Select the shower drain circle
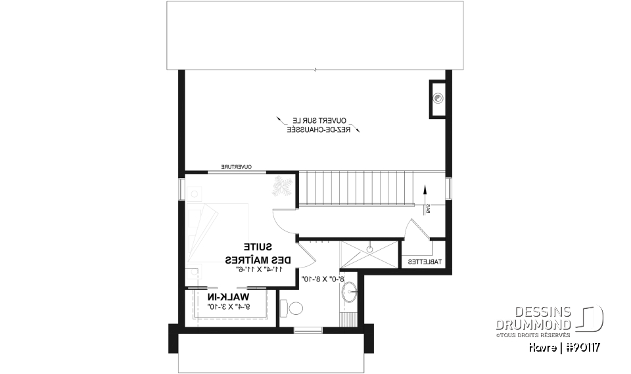[x=370, y=249]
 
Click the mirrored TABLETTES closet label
[x=425, y=262]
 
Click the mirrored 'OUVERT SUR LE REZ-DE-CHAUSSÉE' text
[x=318, y=125]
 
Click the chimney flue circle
[x=438, y=99]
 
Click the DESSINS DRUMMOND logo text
[x=534, y=317]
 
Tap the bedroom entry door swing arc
[x=285, y=222]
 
